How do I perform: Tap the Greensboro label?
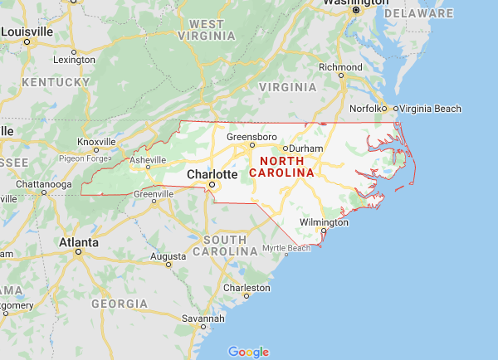[251, 135]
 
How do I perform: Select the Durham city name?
[306, 148]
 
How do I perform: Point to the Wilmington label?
[324, 222]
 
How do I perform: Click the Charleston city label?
[247, 287]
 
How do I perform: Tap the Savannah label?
[204, 319]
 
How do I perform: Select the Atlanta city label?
[78, 243]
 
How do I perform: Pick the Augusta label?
[168, 256]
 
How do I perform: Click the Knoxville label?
[95, 141]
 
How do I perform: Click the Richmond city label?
[340, 66]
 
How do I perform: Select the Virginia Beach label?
[431, 108]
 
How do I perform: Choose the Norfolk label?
[368, 108]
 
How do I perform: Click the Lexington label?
[74, 60]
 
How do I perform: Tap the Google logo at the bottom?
[248, 352]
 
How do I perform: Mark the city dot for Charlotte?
[212, 184]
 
